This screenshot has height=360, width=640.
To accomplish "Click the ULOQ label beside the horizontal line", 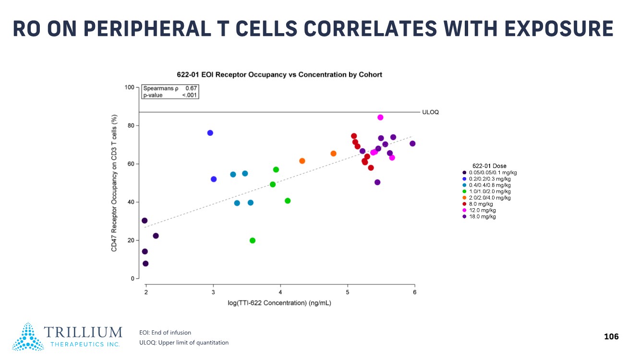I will click(x=430, y=112).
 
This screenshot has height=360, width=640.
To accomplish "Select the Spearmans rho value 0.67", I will click(x=192, y=89).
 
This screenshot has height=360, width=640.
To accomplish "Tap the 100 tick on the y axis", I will click(x=129, y=87).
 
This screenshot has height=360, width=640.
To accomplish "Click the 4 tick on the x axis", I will click(x=280, y=293).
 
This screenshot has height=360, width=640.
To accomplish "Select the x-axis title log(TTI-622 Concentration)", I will click(x=279, y=303).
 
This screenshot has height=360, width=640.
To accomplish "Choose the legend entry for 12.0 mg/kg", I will click(x=482, y=210).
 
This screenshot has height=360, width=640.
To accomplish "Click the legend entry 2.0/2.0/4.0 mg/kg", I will click(x=489, y=198).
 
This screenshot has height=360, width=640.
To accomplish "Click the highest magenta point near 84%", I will click(x=380, y=117).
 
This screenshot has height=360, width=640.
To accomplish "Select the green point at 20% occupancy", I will click(x=253, y=240).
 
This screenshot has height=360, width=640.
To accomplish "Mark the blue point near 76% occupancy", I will click(x=210, y=133).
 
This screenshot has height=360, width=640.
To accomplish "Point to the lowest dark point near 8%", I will click(x=145, y=264).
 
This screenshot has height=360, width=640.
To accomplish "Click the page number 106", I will click(x=611, y=336).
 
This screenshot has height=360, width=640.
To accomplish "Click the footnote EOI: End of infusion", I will click(x=165, y=332).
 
